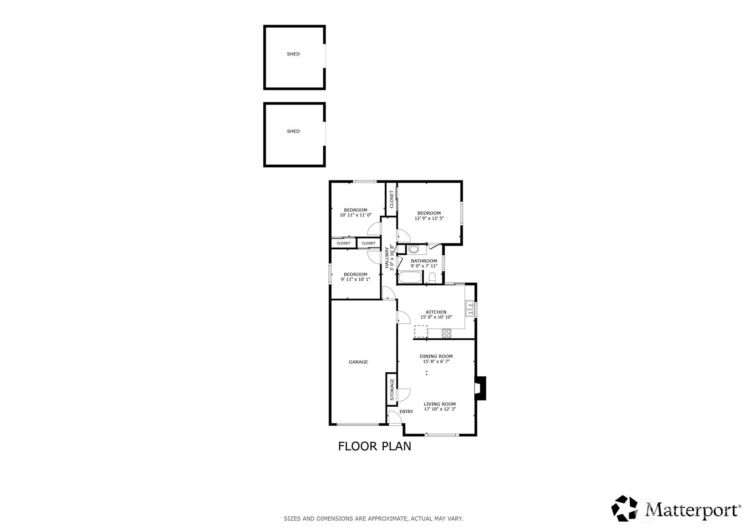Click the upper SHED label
pos(293,54)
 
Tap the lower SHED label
pos(293,131)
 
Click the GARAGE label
pos(358,362)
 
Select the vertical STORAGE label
pos(392,389)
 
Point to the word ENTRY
pos(406,412)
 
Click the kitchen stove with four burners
pos(447,333)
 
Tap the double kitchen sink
pos(470,309)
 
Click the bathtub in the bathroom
pos(410,278)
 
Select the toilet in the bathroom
pos(432,278)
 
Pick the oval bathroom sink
pos(414,250)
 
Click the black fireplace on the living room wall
pos(480,388)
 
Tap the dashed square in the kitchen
pos(421,331)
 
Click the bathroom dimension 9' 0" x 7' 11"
pos(424,266)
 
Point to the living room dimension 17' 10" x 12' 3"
pos(440,409)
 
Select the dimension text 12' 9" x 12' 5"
pos(429,219)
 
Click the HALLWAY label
pos(387,258)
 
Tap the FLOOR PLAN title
pos(375,446)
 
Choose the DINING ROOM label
pos(436,356)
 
